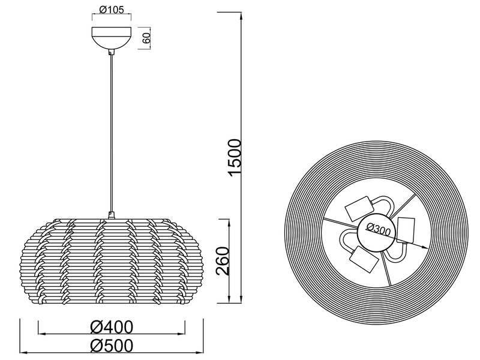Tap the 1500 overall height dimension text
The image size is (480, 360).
[x=235, y=157]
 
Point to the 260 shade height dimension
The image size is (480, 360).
[x=223, y=260]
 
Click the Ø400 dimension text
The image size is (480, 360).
[x=112, y=326]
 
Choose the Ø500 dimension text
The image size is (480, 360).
[x=112, y=346]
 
